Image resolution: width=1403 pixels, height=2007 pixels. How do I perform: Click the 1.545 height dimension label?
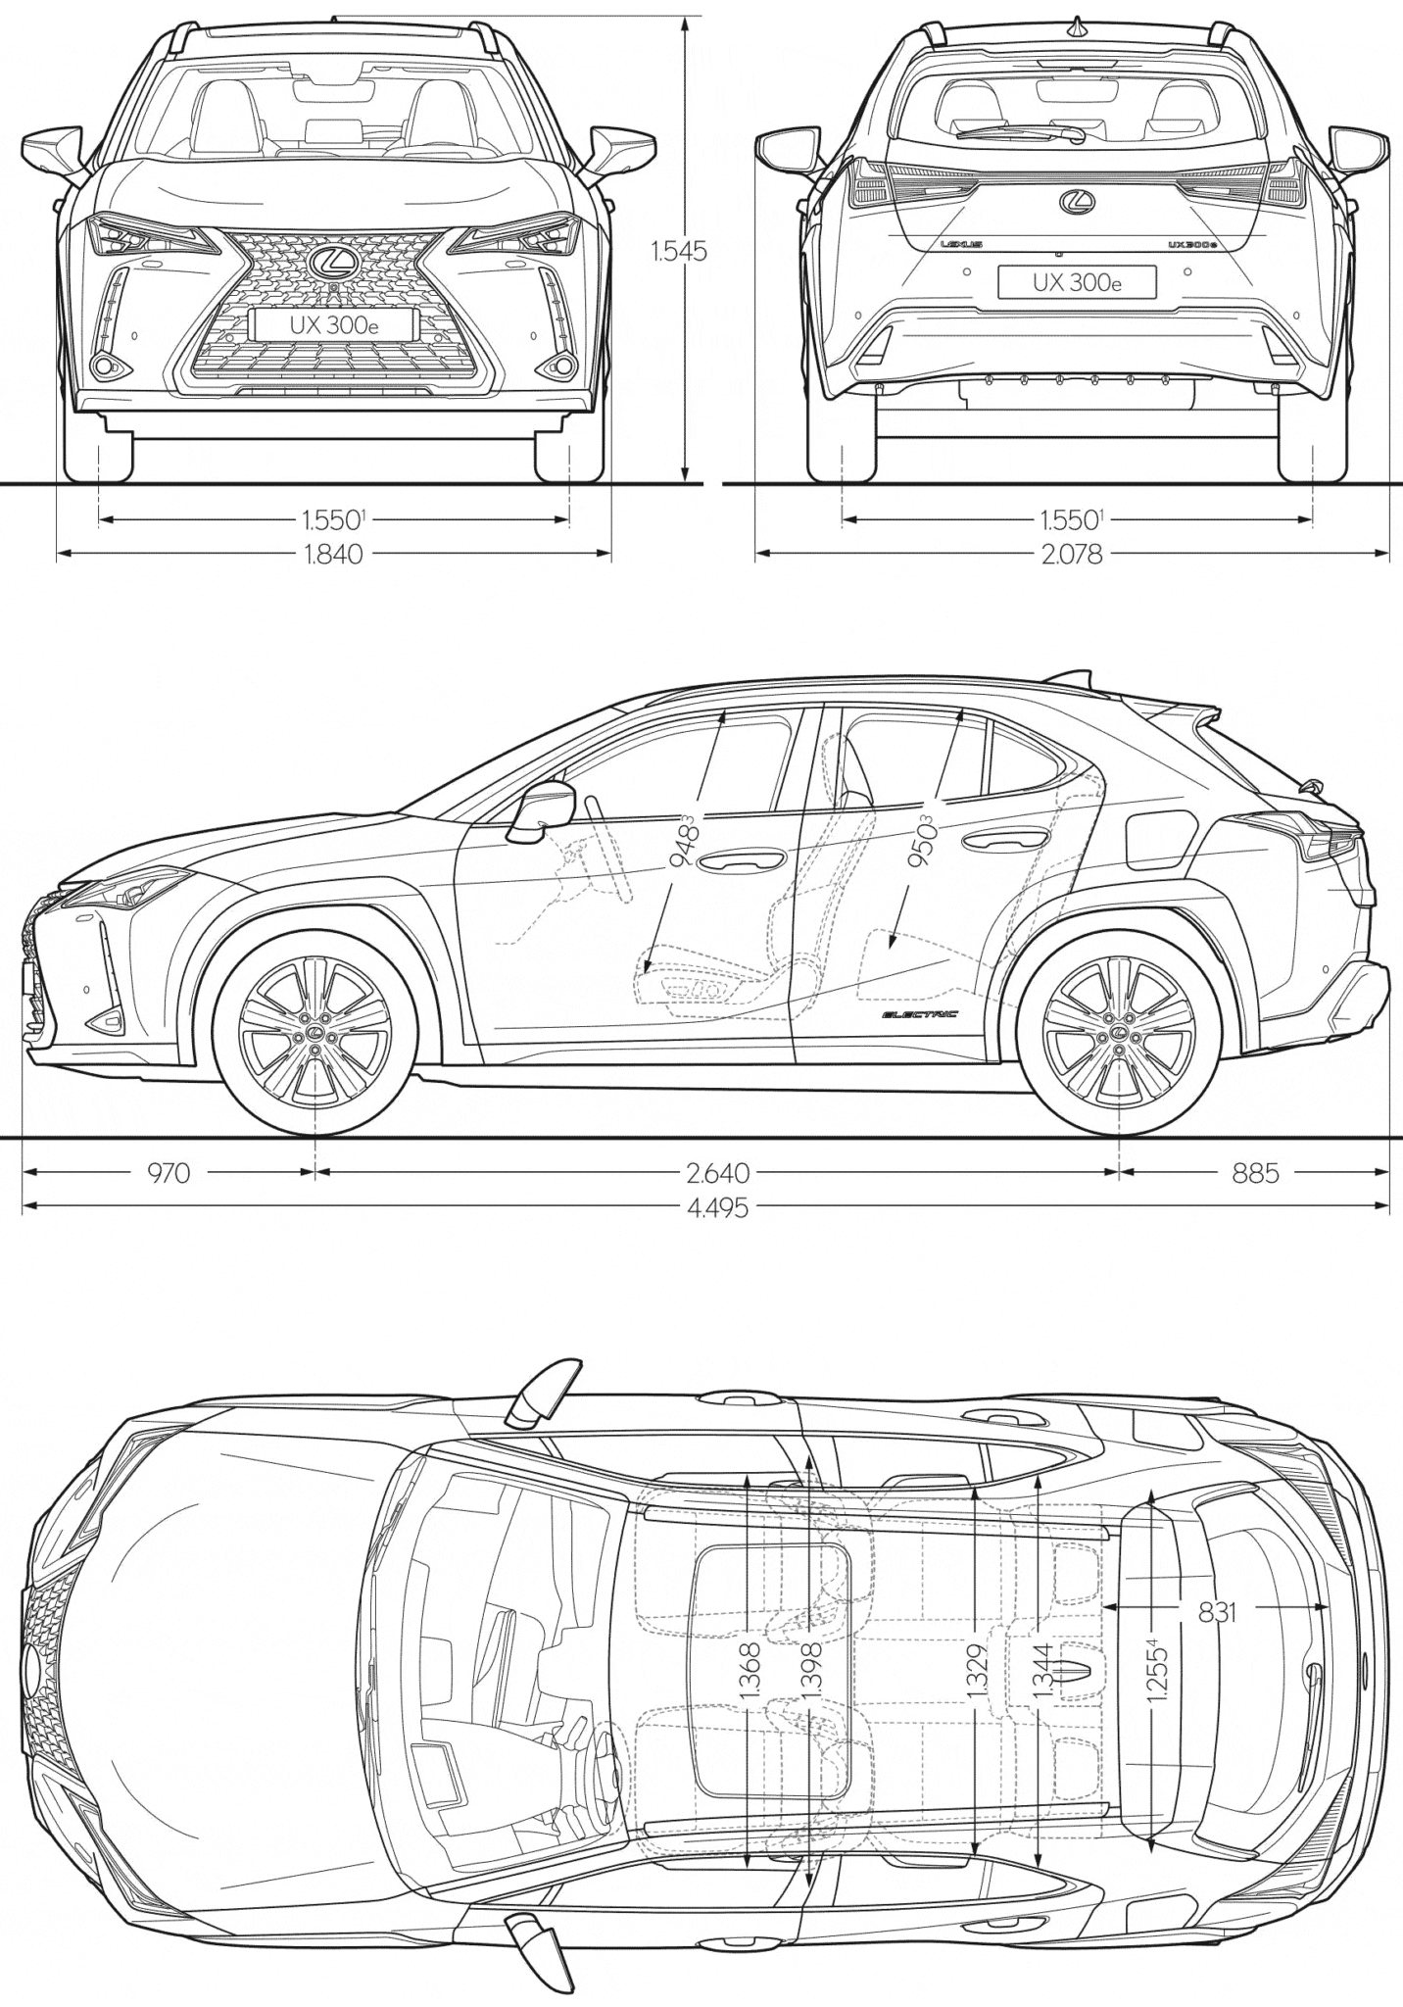tap(679, 251)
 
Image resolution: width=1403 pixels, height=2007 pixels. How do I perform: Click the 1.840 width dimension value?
tap(334, 555)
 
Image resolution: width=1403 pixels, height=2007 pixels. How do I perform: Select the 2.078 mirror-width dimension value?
tap(1072, 555)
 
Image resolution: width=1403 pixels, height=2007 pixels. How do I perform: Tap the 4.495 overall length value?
tap(717, 1207)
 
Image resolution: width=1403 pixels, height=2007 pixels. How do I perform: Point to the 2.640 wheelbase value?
tap(717, 1172)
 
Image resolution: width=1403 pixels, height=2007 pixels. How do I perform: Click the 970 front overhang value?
tap(169, 1172)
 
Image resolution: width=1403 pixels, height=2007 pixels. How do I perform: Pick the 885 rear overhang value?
tap(1256, 1172)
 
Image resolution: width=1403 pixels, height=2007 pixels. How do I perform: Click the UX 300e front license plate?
tap(334, 325)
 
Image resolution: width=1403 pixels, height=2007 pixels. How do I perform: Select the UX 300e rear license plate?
tap(1077, 282)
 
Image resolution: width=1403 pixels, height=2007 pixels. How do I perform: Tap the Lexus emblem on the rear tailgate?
tap(1077, 202)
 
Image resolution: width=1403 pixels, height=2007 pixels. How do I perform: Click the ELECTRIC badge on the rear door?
tap(918, 1014)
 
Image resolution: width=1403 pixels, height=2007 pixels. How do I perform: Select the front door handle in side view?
tap(741, 859)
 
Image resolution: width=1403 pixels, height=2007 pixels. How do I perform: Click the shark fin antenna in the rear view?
tap(1077, 27)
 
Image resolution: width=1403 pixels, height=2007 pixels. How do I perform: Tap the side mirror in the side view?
tap(540, 808)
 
